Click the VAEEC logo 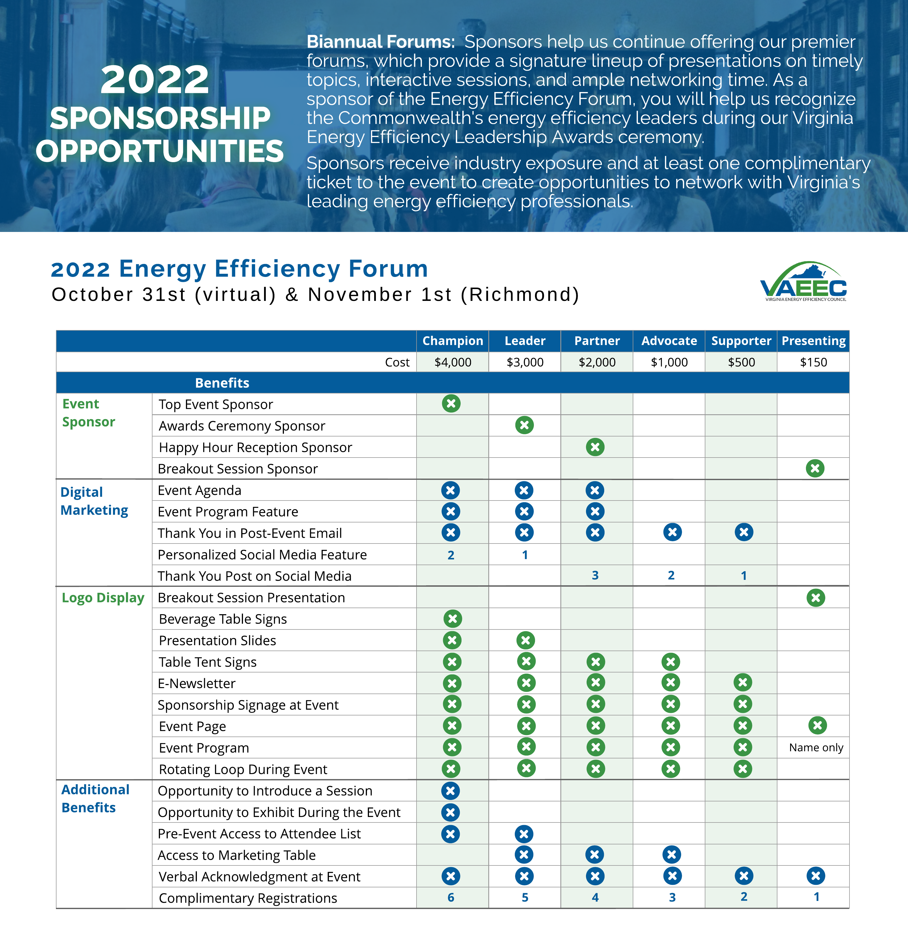click(803, 282)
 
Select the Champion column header click(453, 341)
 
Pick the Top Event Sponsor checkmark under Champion click(451, 404)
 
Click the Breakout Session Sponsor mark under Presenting click(815, 468)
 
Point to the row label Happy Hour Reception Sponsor click(255, 447)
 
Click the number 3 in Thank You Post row click(595, 576)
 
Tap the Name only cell click(816, 747)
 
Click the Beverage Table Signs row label click(223, 619)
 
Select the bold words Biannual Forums click(380, 42)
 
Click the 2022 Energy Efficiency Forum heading click(240, 269)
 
